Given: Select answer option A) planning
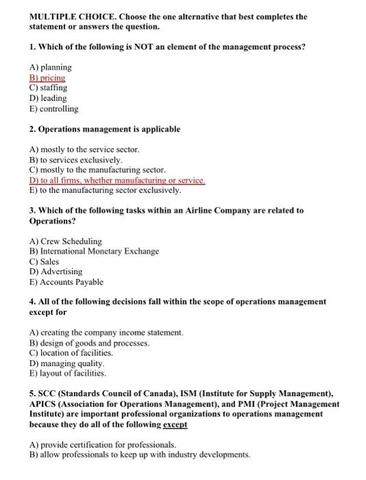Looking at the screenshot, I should click(50, 67).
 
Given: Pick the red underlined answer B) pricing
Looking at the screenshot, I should click(48, 78).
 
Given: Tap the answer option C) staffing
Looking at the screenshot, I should click(48, 88).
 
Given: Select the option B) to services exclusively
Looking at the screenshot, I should click(75, 160).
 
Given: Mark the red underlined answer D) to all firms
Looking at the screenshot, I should click(117, 180).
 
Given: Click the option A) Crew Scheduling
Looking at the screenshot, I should click(66, 241).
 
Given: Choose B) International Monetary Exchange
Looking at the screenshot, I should click(94, 251).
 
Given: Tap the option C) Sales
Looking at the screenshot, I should click(44, 261).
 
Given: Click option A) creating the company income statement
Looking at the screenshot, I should click(106, 333).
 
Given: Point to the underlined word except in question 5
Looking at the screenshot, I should click(173, 424).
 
